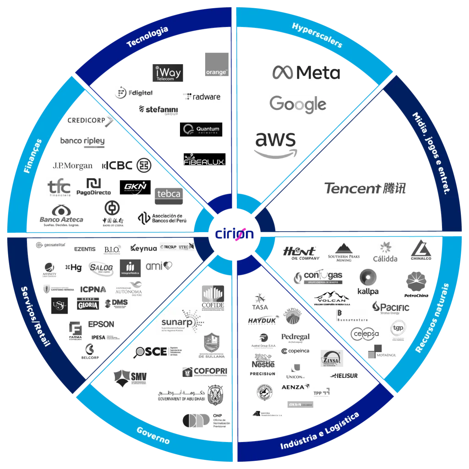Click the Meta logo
click(306, 73)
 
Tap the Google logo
click(298, 105)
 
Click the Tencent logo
click(365, 188)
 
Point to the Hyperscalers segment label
click(317, 35)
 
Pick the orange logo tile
click(217, 65)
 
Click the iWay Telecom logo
click(166, 73)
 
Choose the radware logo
click(202, 97)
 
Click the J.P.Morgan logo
click(73, 166)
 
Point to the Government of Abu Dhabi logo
click(190, 393)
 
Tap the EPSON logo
click(101, 324)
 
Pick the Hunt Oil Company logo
click(300, 253)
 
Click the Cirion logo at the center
click(234, 234)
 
